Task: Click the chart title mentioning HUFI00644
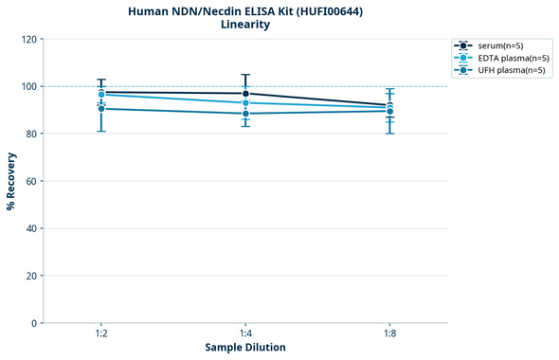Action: coord(245,10)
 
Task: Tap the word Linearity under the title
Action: coord(245,25)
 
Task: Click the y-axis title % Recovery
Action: coord(11,180)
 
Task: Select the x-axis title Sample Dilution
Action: coord(245,348)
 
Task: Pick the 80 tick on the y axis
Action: coord(29,134)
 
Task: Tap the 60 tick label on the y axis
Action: coord(29,181)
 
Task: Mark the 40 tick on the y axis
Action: coord(29,228)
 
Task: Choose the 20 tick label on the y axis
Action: coord(29,276)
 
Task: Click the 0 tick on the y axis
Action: coord(32,323)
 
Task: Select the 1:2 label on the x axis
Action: coord(101,333)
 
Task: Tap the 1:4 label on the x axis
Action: coord(245,333)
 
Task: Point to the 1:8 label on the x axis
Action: coord(389,333)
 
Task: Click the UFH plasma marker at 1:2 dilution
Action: coord(101,109)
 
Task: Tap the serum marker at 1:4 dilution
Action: coord(245,94)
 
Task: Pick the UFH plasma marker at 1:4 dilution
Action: coord(245,114)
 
